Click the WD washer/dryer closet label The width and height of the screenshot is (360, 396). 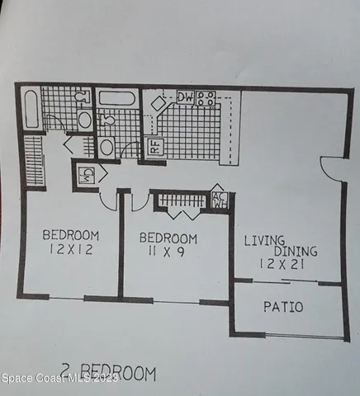87,175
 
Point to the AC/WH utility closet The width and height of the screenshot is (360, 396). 220,200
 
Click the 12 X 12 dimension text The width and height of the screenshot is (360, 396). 71,249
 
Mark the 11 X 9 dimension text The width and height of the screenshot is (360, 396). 169,253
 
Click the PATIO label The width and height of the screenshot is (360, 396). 283,308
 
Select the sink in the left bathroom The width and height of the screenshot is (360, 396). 85,120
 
